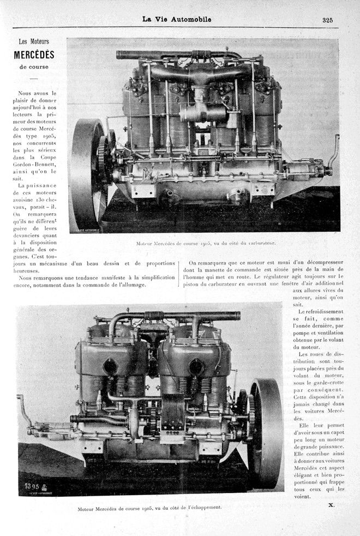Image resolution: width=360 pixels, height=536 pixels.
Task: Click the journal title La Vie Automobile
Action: tap(177, 20)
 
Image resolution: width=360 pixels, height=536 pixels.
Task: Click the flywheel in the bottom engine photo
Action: tap(266, 433)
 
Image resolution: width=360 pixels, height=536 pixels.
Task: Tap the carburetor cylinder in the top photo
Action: tap(203, 113)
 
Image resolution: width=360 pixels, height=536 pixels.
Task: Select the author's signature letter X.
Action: tap(331, 505)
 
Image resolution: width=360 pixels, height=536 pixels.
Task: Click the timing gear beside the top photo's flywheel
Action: tap(104, 158)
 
